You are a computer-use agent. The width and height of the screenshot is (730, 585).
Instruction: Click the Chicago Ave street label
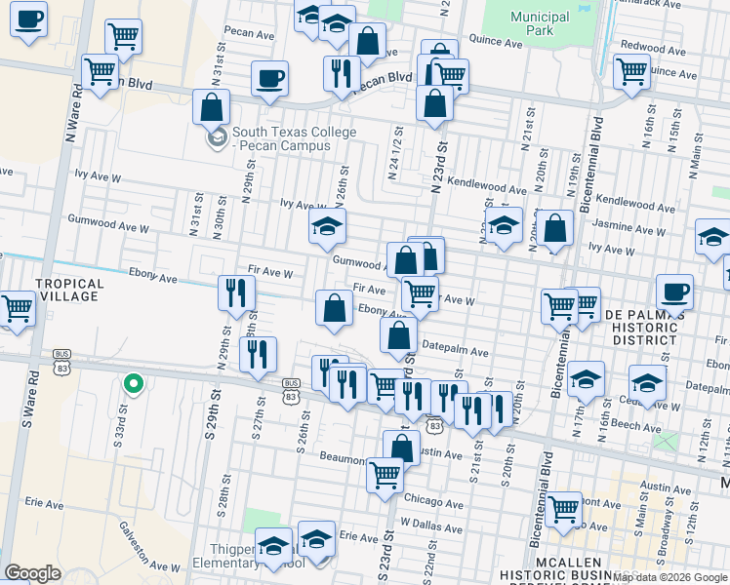[x=434, y=504]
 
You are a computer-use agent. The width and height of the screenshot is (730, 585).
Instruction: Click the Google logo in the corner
[x=32, y=573]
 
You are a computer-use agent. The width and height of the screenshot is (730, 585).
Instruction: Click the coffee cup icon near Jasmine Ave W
[x=674, y=290]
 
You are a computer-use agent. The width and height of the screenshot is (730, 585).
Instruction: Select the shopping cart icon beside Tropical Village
[x=16, y=309]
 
